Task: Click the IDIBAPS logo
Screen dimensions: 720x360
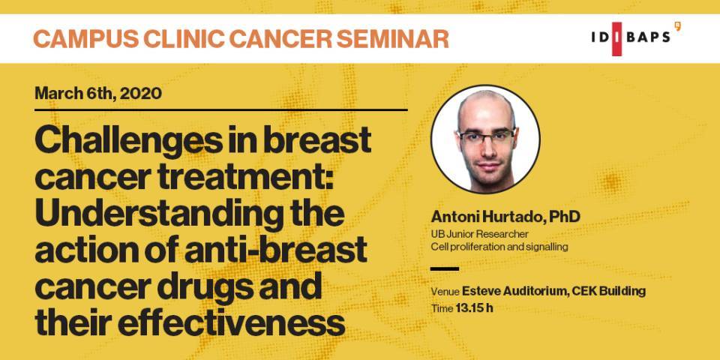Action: click(636, 38)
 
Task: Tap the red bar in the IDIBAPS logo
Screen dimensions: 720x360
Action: click(616, 39)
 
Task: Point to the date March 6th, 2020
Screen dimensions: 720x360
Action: click(98, 94)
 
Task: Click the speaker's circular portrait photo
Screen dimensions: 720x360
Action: click(485, 139)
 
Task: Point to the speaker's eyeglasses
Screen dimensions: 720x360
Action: click(486, 136)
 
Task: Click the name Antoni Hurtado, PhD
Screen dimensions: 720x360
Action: click(505, 217)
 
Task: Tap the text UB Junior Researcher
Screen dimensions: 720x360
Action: click(479, 234)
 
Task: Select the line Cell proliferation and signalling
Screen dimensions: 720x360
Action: click(499, 247)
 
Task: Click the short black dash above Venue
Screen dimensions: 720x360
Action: click(445, 269)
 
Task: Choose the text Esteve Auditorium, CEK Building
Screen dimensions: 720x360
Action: click(553, 291)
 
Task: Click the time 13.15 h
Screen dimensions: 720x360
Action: click(474, 308)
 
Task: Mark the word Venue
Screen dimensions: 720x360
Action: click(445, 292)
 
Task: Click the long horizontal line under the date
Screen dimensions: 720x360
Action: click(220, 110)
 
